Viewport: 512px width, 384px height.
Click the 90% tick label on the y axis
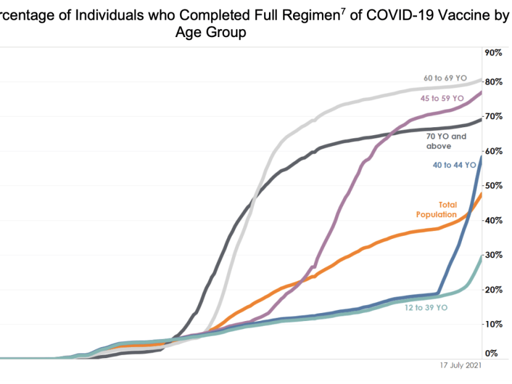[x=493, y=53]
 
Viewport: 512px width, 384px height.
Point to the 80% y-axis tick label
[x=493, y=82]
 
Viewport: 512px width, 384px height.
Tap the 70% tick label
[x=493, y=117]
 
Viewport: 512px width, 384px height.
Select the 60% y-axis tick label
[x=493, y=151]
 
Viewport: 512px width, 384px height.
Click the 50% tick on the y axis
[x=493, y=186]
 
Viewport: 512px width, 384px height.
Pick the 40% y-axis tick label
[x=493, y=220]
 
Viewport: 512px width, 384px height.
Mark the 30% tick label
[x=493, y=256]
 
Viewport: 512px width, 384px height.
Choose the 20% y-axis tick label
[x=493, y=290]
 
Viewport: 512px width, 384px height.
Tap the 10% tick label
[x=493, y=325]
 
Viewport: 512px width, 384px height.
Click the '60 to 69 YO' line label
[x=445, y=78]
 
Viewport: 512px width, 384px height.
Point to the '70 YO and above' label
[x=446, y=141]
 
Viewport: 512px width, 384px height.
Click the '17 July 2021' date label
[x=456, y=365]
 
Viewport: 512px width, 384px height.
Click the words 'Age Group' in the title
[x=212, y=33]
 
